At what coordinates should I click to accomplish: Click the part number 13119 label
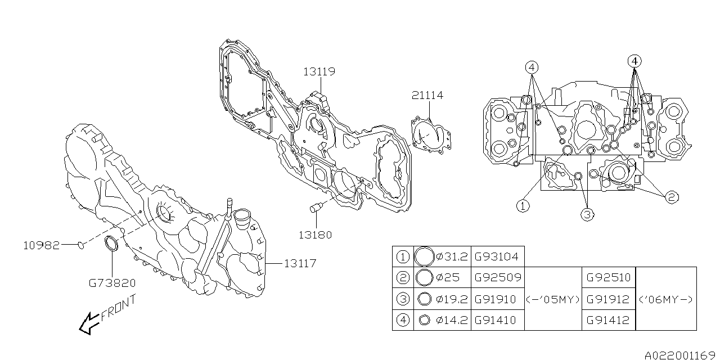click(319, 71)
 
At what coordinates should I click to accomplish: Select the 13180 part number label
click(316, 235)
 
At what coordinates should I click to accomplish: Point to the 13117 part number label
click(299, 263)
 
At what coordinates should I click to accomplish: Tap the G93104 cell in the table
click(497, 256)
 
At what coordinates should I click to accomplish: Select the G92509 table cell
click(497, 277)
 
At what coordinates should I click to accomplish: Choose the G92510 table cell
click(608, 277)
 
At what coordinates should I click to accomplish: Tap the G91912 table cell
click(608, 299)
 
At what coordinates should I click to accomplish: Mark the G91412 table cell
click(608, 320)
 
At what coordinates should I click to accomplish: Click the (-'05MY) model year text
click(553, 299)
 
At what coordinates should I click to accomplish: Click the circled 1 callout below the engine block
click(523, 206)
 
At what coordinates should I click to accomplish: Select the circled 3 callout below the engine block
click(587, 214)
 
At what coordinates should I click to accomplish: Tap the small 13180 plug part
click(316, 210)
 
